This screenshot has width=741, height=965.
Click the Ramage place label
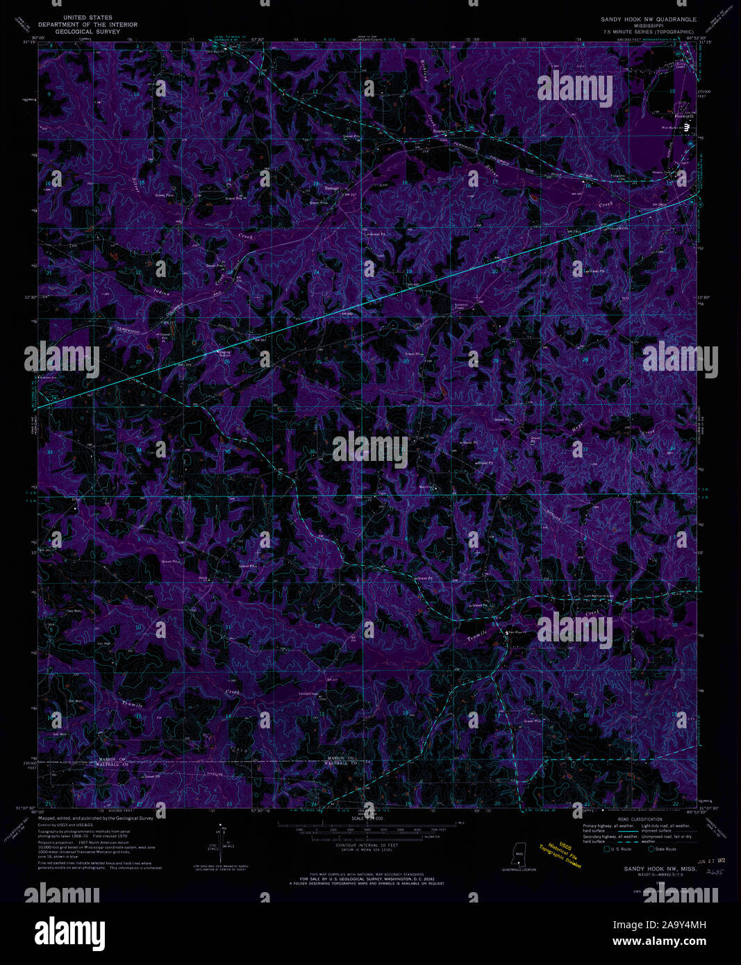(x=331, y=188)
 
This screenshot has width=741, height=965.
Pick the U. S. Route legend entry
(x=618, y=848)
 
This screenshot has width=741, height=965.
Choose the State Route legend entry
(x=663, y=848)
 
